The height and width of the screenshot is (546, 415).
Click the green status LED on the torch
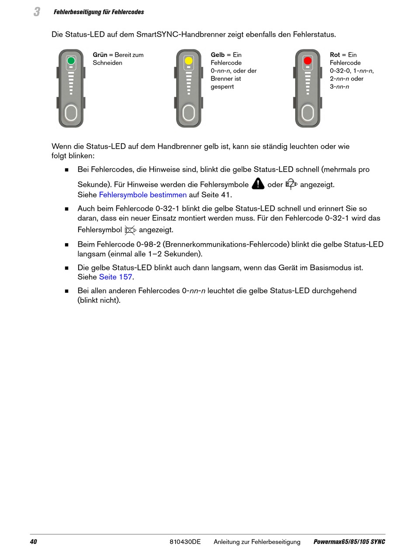pyautogui.click(x=71, y=61)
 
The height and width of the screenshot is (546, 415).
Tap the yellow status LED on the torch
pyautogui.click(x=189, y=61)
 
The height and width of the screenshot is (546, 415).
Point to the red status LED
pyautogui.click(x=308, y=61)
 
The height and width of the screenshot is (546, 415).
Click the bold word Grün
pyautogui.click(x=100, y=55)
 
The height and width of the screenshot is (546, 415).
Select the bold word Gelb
pyautogui.click(x=218, y=55)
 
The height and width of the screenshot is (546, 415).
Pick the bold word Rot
pyautogui.click(x=335, y=55)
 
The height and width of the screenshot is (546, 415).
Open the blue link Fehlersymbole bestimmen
pyautogui.click(x=143, y=195)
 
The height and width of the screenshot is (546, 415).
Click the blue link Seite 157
pyautogui.click(x=115, y=277)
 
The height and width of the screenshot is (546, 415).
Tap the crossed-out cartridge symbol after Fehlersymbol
pyautogui.click(x=130, y=229)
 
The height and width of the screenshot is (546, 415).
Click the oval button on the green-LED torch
pyautogui.click(x=71, y=113)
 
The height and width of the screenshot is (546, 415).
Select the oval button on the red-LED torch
pyautogui.click(x=308, y=113)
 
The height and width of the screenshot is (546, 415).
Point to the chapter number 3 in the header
pyautogui.click(x=37, y=12)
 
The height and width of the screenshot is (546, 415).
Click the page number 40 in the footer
pyautogui.click(x=34, y=542)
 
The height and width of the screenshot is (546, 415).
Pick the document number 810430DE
pyautogui.click(x=185, y=542)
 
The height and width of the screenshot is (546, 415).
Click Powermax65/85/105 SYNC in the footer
pyautogui.click(x=349, y=542)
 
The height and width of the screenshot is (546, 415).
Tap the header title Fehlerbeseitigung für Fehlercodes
pyautogui.click(x=99, y=12)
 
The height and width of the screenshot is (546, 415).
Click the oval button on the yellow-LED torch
pyautogui.click(x=189, y=113)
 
